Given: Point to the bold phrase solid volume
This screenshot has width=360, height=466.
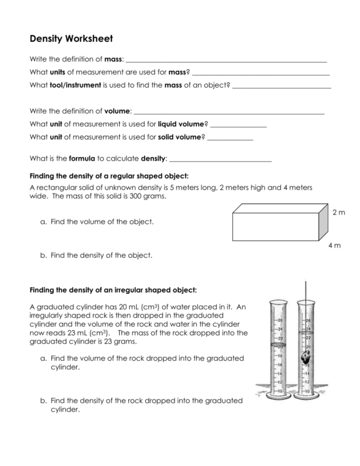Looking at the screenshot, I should [179, 137].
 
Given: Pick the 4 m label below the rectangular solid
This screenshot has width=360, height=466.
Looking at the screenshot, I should [335, 245].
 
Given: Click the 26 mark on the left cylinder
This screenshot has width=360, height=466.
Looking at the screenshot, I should [279, 320].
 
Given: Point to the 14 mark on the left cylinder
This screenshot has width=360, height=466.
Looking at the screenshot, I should [279, 373].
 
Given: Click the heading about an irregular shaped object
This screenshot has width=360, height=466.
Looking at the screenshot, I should [113, 290].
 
